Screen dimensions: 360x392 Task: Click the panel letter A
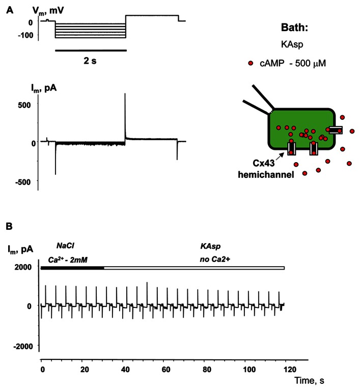[x=10, y=10]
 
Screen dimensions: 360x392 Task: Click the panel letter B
[x=9, y=226]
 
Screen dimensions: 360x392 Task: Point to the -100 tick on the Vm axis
[x=25, y=35]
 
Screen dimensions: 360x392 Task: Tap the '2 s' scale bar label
[x=90, y=61]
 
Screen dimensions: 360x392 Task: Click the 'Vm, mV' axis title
[x=48, y=11]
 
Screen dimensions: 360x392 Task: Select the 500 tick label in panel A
[x=24, y=104]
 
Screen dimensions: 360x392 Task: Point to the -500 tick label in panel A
[x=23, y=182]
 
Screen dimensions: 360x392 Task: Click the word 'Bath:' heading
[x=295, y=28]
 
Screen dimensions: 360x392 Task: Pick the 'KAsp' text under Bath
[x=292, y=45]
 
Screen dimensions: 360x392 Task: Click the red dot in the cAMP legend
[x=251, y=63]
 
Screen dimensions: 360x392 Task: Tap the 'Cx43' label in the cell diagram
[x=264, y=163]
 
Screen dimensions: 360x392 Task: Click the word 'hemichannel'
[x=266, y=174]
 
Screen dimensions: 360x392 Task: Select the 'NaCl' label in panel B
[x=65, y=246]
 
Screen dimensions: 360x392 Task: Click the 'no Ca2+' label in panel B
[x=215, y=259]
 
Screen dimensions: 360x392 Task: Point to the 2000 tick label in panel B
[x=23, y=267]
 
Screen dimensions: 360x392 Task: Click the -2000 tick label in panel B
[x=23, y=346]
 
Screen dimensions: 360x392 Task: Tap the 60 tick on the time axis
[x=166, y=369]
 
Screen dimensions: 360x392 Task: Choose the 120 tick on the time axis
[x=290, y=369]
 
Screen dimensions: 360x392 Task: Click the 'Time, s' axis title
[x=309, y=380]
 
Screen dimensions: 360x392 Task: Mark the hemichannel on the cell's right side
[x=336, y=130]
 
